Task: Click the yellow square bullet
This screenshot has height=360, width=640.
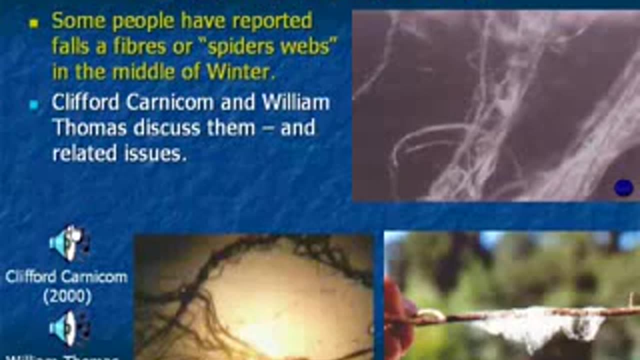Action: point(33,23)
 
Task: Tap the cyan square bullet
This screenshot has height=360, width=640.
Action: point(33,105)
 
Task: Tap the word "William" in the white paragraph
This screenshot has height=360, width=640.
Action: point(295,102)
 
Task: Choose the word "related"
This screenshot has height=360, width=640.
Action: point(83,153)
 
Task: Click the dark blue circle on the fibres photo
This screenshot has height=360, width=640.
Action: point(623,188)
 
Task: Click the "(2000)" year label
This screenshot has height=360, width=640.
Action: point(67,297)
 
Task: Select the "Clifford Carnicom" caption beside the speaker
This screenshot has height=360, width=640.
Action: point(66,276)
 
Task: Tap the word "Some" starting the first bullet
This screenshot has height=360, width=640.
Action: point(77,21)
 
